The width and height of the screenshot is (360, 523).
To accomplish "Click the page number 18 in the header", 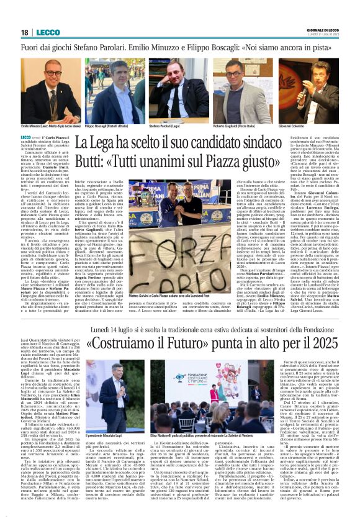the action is point(25,32).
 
